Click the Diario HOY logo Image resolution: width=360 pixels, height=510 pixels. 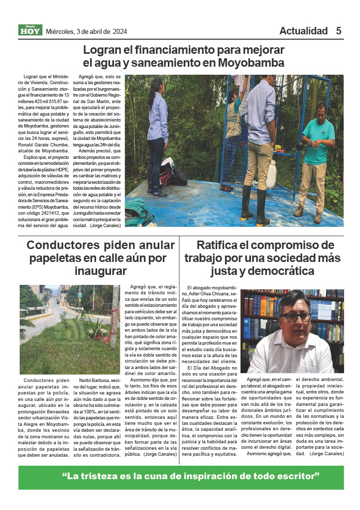tap(30, 30)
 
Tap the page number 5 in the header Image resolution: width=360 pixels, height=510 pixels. tap(339, 31)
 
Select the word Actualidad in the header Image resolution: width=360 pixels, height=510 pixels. tap(303, 31)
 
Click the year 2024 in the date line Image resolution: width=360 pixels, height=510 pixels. tap(120, 31)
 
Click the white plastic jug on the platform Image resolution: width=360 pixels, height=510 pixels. tap(271, 174)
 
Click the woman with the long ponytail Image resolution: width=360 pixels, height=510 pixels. tap(157, 134)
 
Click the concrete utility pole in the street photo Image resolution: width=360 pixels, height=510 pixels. tap(115, 319)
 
